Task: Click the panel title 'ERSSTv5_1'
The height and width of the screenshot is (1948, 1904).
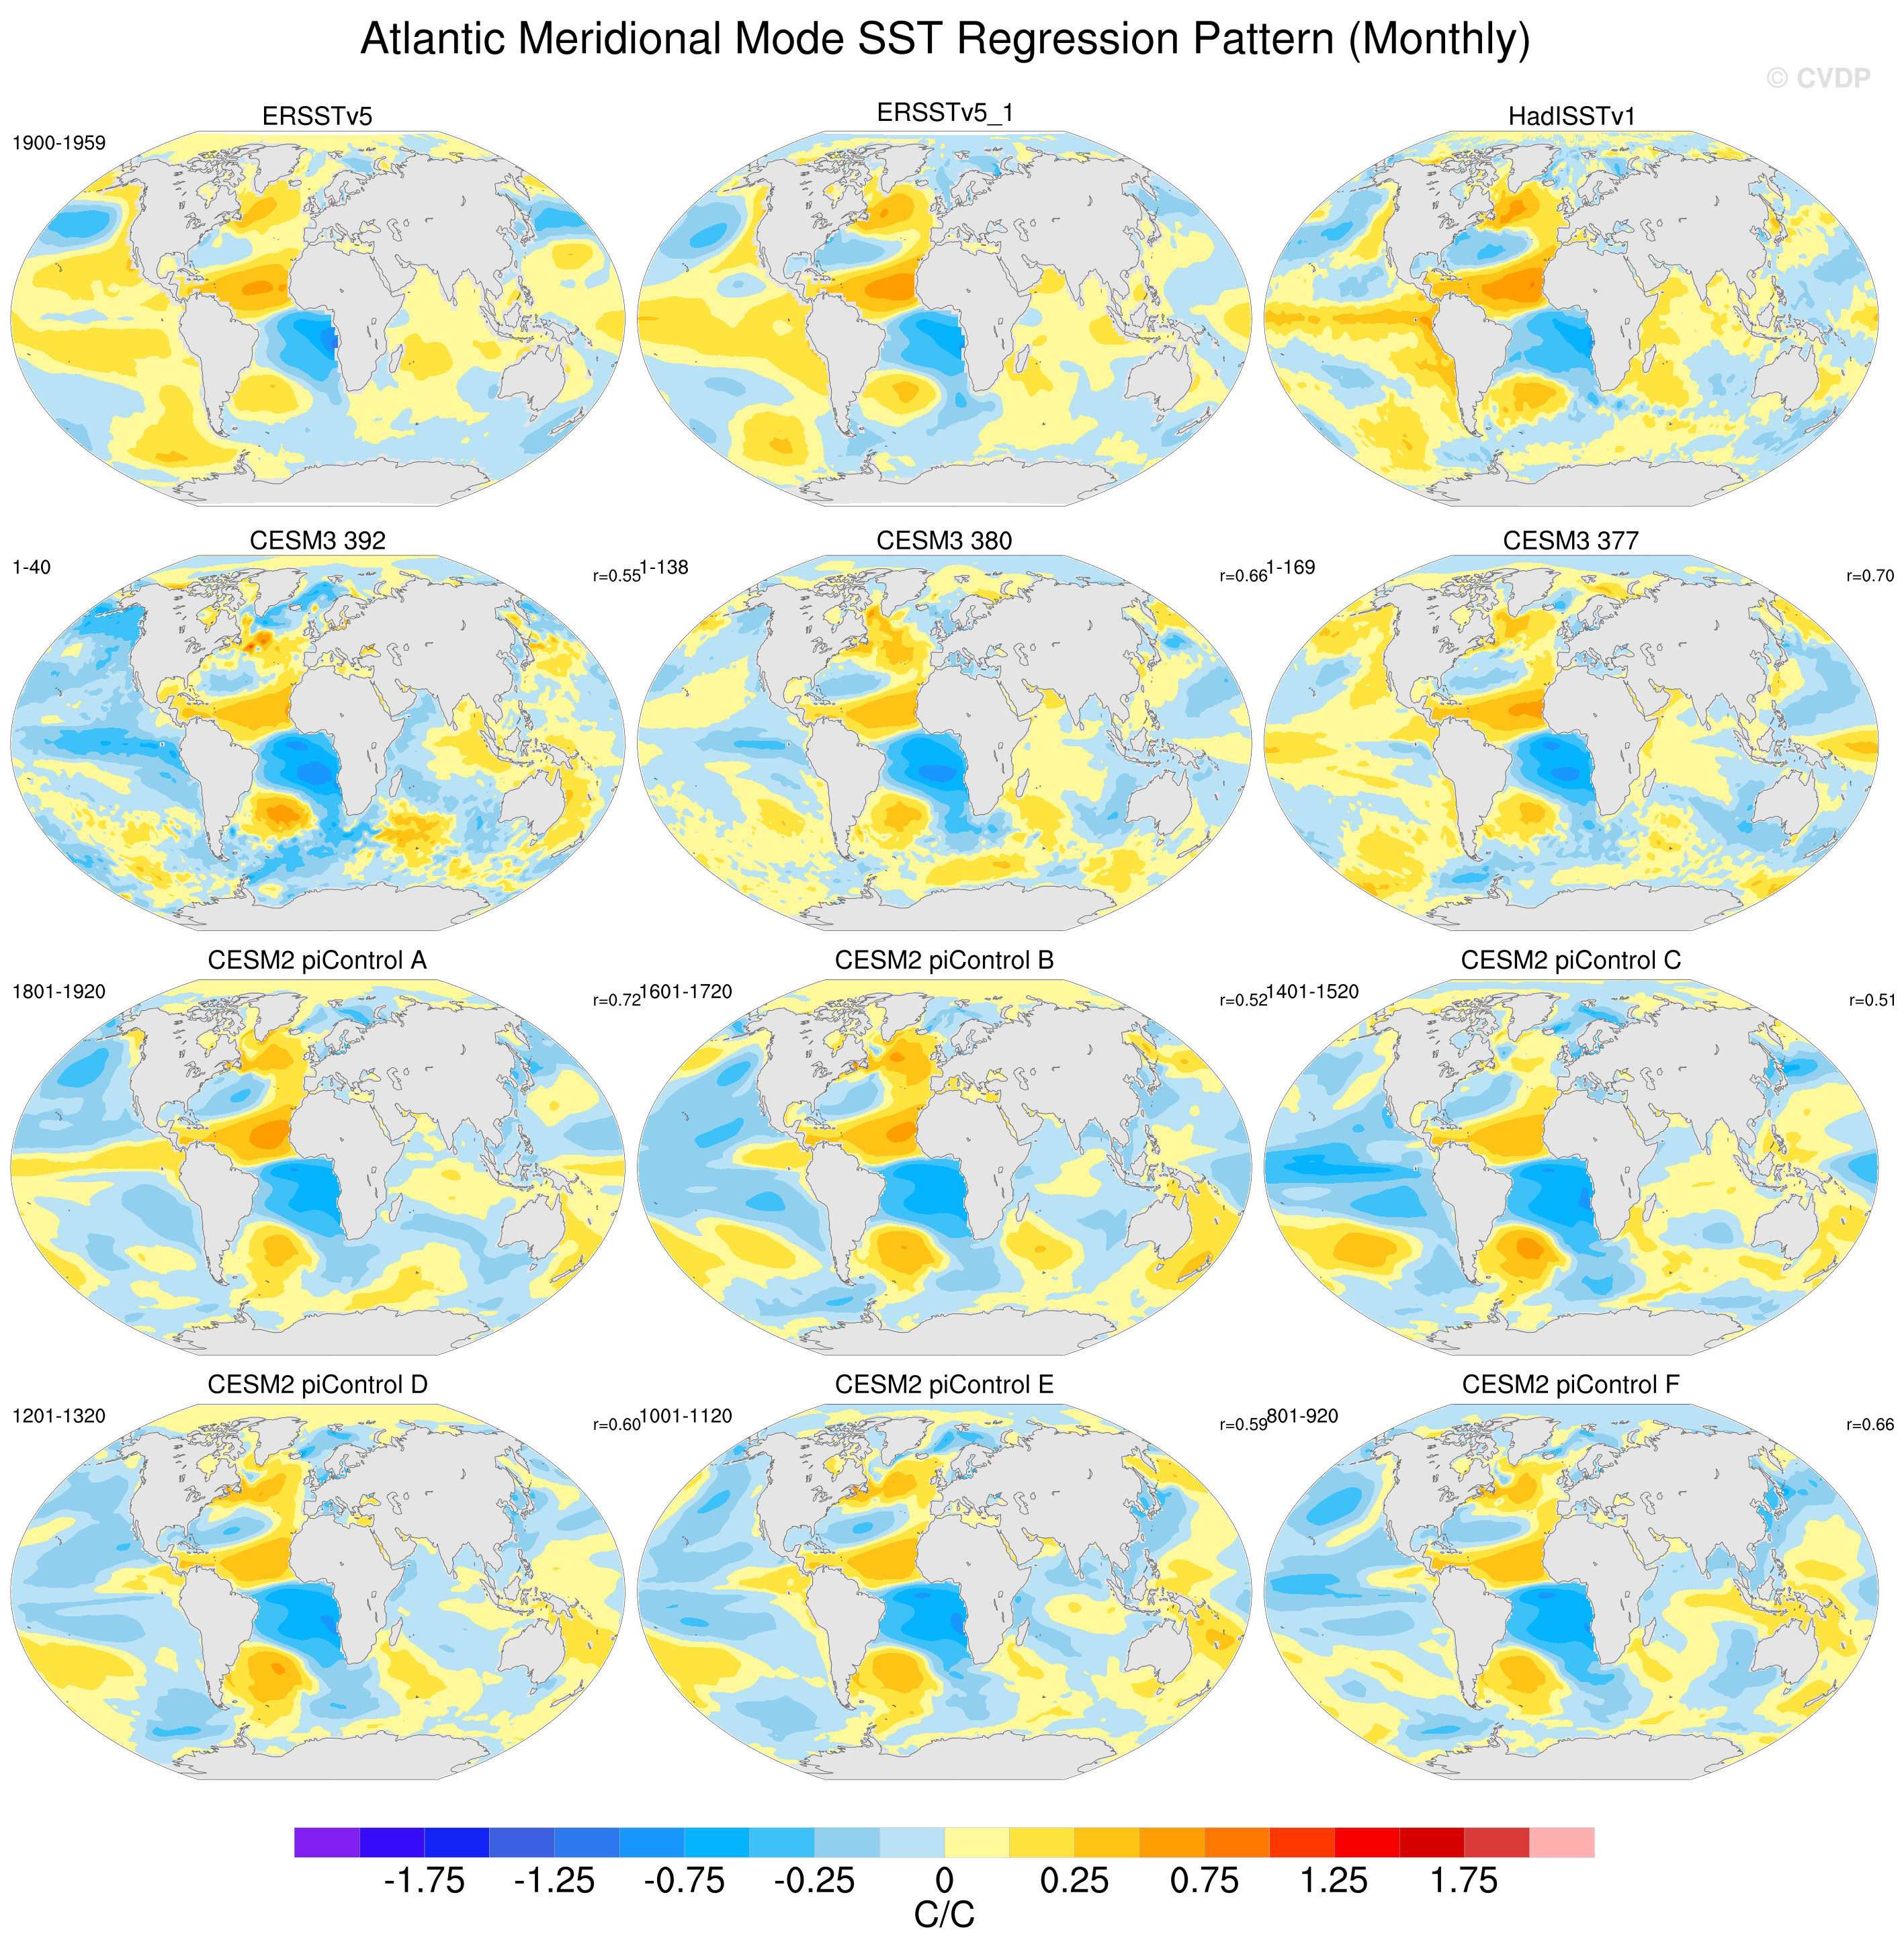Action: pyautogui.click(x=945, y=113)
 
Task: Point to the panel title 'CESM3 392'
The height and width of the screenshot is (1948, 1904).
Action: pyautogui.click(x=318, y=540)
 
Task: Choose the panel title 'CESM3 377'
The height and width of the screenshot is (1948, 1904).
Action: pyautogui.click(x=1571, y=540)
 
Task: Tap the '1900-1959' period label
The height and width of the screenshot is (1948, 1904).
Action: pyautogui.click(x=59, y=143)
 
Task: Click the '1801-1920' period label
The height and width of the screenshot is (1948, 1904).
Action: pyautogui.click(x=59, y=992)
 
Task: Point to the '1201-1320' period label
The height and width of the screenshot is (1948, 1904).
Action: pyautogui.click(x=59, y=1416)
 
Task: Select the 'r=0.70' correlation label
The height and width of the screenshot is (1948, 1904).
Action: pyautogui.click(x=1870, y=576)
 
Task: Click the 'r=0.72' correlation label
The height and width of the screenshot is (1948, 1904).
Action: pyautogui.click(x=616, y=1000)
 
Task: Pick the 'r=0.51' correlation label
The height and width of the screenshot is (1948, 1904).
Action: pyautogui.click(x=1871, y=1000)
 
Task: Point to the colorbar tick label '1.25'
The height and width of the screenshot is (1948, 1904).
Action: pyautogui.click(x=1334, y=1881)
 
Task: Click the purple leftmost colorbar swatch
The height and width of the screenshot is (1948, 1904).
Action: pyautogui.click(x=327, y=1842)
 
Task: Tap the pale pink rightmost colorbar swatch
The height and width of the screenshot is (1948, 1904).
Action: pyautogui.click(x=1562, y=1842)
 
